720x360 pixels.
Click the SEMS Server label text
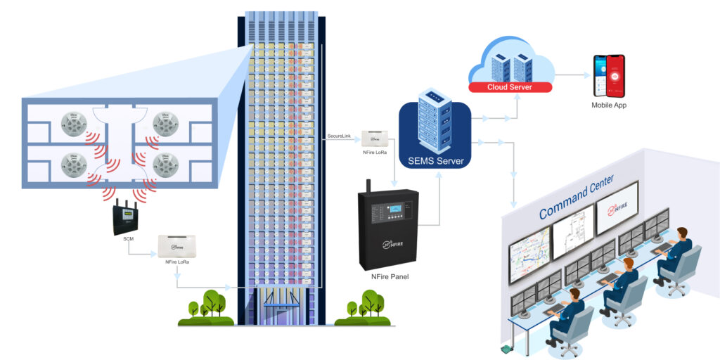tap(435, 162)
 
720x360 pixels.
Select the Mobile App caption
tap(608, 105)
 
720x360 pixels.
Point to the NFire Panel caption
tap(390, 277)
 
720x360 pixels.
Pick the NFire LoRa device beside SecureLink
tap(373, 139)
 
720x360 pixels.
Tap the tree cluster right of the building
tap(362, 308)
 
